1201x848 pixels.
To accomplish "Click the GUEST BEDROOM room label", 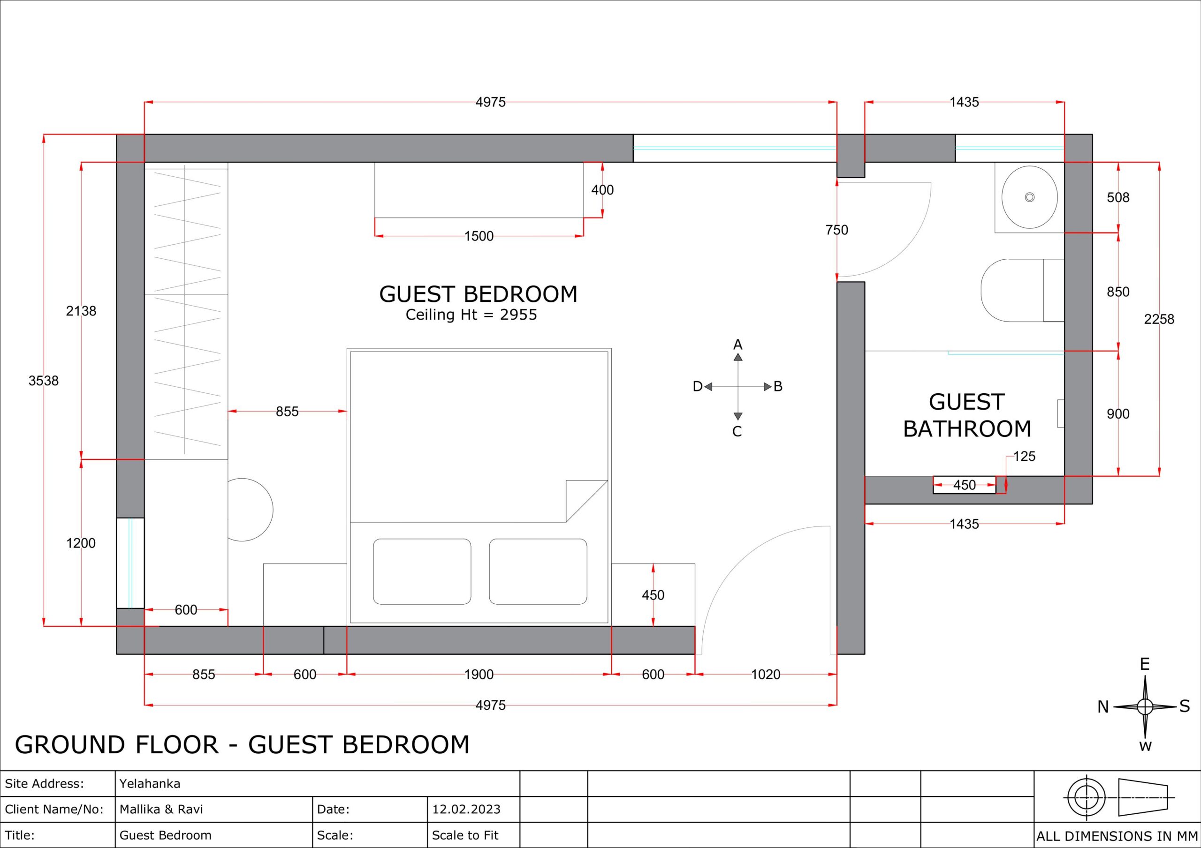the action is (x=478, y=294).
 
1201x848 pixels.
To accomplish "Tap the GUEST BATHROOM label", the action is (x=966, y=416).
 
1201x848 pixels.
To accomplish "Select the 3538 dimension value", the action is (x=44, y=381).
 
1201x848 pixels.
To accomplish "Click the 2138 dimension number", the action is (x=81, y=311).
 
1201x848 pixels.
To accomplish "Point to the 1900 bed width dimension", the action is (x=479, y=675).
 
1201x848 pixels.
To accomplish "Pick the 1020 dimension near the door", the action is (x=766, y=675).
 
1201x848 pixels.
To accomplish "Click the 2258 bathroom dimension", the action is (x=1159, y=319).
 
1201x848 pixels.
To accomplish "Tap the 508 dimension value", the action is (x=1118, y=198).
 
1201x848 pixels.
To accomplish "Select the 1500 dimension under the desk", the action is (x=479, y=236).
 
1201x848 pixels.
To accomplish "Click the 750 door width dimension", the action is (x=837, y=230).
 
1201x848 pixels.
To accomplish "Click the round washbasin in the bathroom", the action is (x=1029, y=197).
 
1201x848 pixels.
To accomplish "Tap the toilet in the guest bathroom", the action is (x=1023, y=290).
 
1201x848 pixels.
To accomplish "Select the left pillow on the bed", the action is (x=422, y=571).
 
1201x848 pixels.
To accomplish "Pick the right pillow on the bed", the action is (x=538, y=571).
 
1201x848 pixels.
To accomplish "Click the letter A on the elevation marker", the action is (x=737, y=345).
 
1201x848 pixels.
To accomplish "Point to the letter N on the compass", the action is (x=1103, y=707).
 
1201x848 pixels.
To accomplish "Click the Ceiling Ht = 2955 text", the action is (x=471, y=315).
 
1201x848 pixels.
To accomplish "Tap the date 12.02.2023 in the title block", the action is (x=466, y=809).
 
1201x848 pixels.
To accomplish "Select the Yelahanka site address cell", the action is (x=150, y=784).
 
